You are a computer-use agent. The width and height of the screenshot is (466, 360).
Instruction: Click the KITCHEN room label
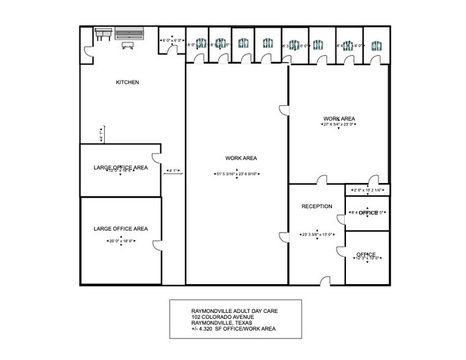click(x=128, y=82)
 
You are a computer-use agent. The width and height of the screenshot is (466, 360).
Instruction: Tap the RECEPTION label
click(x=317, y=206)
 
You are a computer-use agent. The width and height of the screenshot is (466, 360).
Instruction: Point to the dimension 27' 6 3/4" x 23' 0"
click(x=339, y=125)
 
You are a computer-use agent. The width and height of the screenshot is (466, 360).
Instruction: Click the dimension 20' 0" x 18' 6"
click(x=121, y=241)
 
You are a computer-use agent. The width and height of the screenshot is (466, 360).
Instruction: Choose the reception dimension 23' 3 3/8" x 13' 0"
click(x=317, y=234)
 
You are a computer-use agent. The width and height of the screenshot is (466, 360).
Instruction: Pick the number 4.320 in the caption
click(x=210, y=329)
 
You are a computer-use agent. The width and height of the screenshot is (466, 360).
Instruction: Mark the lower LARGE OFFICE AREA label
click(x=121, y=229)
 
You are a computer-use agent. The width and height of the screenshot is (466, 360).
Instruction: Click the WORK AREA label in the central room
click(x=241, y=158)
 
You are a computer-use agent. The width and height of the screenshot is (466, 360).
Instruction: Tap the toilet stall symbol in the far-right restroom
click(x=377, y=45)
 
